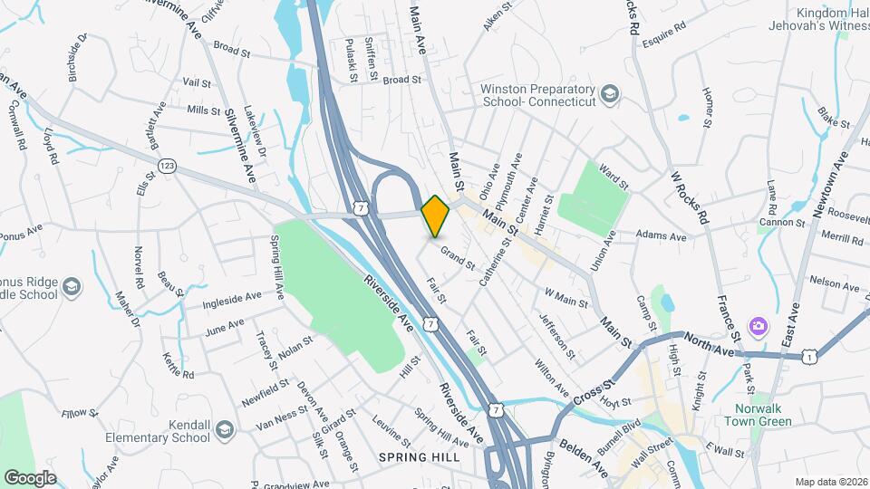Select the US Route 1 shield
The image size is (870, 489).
(x=807, y=358)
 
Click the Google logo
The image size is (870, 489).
(x=30, y=477)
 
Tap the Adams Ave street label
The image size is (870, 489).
(x=662, y=235)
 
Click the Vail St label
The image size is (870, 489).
(x=197, y=82)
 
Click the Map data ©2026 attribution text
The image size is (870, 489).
(x=830, y=482)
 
